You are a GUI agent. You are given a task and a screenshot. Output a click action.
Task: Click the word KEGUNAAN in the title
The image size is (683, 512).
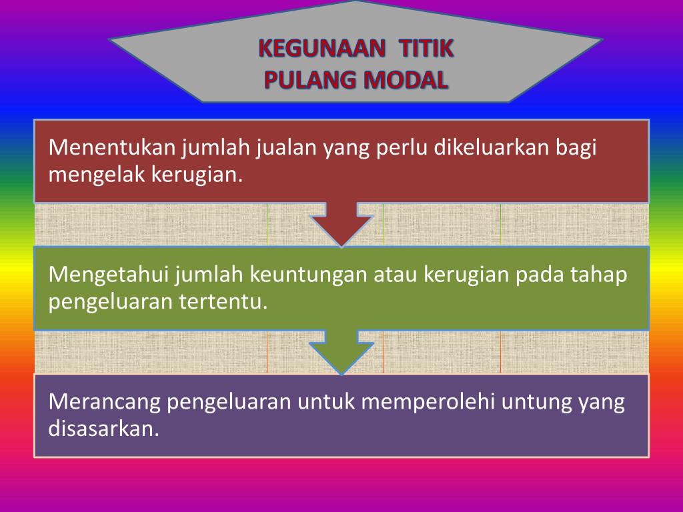click(x=322, y=48)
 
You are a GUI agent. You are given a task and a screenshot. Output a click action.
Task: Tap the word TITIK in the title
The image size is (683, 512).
click(x=426, y=48)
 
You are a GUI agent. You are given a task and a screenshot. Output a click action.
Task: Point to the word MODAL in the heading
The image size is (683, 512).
click(x=406, y=80)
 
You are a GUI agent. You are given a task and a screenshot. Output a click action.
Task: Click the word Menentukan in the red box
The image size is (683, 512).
click(x=112, y=147)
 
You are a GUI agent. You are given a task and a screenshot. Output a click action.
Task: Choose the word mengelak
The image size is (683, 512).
click(x=97, y=175)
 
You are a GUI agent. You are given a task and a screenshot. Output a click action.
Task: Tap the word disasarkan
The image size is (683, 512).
click(x=103, y=429)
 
